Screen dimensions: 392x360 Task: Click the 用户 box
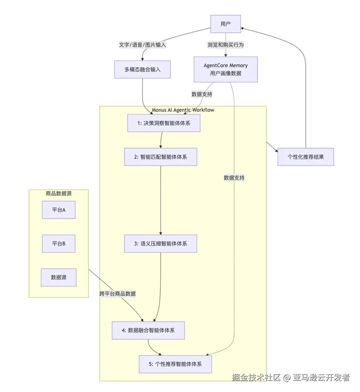pyautogui.click(x=226, y=24)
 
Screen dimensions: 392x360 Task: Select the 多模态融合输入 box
pyautogui.click(x=142, y=69)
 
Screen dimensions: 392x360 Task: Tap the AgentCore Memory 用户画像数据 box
pyautogui.click(x=226, y=69)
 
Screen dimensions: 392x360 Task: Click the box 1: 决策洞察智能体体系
pyautogui.click(x=164, y=123)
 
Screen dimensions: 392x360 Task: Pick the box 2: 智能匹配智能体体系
pyautogui.click(x=160, y=157)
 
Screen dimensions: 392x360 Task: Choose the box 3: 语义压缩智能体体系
pyautogui.click(x=160, y=244)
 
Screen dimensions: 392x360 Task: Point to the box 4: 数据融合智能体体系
pyautogui.click(x=148, y=330)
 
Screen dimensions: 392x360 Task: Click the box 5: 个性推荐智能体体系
pyautogui.click(x=175, y=364)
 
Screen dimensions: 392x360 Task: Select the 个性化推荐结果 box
pyautogui.click(x=306, y=157)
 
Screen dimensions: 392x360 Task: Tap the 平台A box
pyautogui.click(x=59, y=210)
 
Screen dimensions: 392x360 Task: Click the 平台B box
pyautogui.click(x=59, y=244)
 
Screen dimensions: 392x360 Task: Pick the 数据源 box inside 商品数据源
pyautogui.click(x=59, y=277)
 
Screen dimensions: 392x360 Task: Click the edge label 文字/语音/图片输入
pyautogui.click(x=142, y=45)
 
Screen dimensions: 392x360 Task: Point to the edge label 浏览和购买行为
pyautogui.click(x=226, y=45)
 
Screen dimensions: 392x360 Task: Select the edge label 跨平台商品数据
pyautogui.click(x=117, y=294)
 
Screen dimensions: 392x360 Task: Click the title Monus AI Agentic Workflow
pyautogui.click(x=183, y=110)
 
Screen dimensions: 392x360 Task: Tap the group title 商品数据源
pyautogui.click(x=59, y=194)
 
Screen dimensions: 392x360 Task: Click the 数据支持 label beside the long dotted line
pyautogui.click(x=234, y=178)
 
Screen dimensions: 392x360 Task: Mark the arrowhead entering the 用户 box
pyautogui.click(x=243, y=28)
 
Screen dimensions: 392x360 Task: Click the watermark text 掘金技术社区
pyautogui.click(x=256, y=378)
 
